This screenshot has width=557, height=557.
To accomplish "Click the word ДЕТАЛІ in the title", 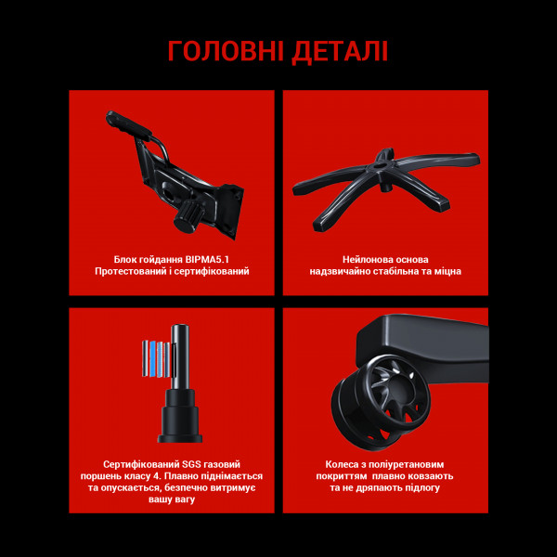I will point(340,50).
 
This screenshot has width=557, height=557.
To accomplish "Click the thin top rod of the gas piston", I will point(182,353).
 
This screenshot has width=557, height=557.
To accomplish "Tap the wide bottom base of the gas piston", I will point(181,426).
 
